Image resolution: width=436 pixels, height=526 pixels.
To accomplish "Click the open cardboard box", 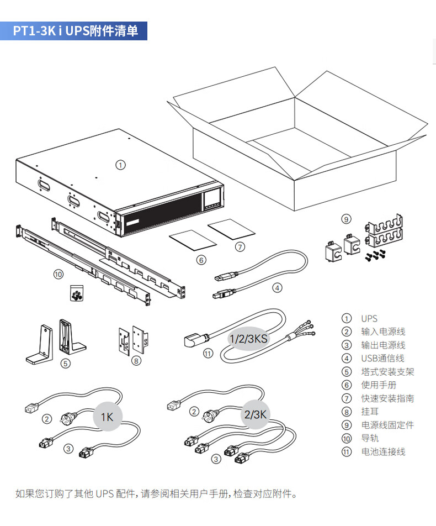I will click(298, 144).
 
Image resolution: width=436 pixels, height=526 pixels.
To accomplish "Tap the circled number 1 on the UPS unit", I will click(121, 164).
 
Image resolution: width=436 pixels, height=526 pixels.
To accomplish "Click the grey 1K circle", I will click(107, 417).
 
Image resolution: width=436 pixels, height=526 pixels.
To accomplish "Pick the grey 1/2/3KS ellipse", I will click(248, 338).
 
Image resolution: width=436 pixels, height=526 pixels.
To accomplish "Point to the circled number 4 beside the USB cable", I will click(278, 287).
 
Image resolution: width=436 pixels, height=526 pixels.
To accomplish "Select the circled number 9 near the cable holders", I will click(346, 219).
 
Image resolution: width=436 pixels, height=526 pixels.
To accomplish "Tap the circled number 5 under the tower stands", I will click(66, 363).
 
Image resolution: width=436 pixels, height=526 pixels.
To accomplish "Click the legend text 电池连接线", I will click(383, 451).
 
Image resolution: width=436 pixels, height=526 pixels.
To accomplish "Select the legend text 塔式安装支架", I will click(387, 372).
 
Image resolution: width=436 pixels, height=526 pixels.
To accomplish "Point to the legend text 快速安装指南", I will click(387, 398).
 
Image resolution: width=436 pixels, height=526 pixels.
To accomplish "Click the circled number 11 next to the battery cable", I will click(208, 354).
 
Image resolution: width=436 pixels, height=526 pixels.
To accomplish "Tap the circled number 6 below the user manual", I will click(201, 260).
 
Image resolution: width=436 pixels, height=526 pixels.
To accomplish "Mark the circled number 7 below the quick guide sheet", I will click(239, 247).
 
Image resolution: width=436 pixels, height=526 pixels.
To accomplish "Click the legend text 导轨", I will click(370, 438).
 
